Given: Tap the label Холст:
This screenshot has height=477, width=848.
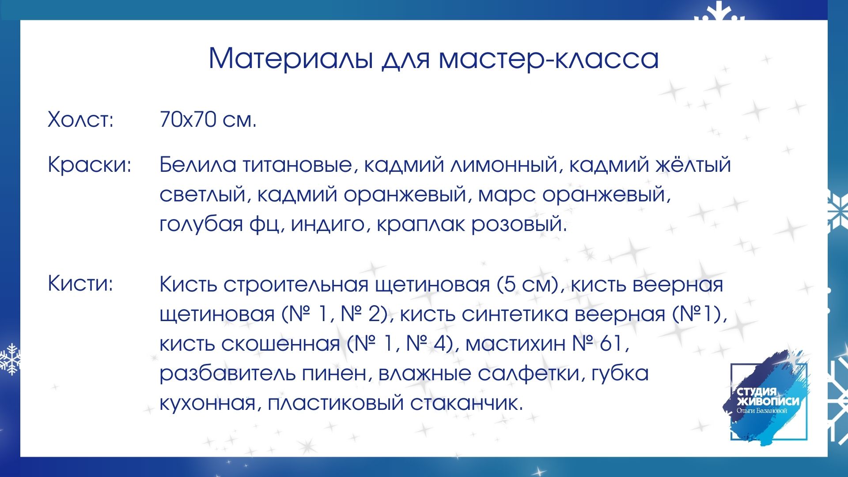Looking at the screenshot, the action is click(x=81, y=120).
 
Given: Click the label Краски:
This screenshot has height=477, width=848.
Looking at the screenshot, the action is click(x=90, y=165).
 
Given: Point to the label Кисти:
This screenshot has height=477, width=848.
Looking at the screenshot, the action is click(x=80, y=284).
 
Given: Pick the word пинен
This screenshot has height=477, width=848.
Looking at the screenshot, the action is click(x=334, y=374).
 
